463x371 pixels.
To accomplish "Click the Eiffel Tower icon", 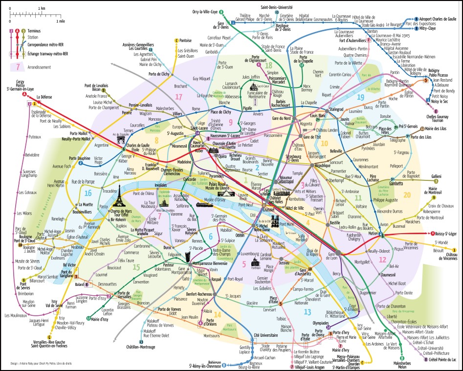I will tap(118, 198).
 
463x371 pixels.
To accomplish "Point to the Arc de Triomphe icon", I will tap(121, 141).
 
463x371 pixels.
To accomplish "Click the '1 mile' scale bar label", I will tap(60, 22).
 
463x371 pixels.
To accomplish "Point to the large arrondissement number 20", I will tap(407, 195).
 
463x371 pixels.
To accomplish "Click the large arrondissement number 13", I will tap(307, 312).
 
